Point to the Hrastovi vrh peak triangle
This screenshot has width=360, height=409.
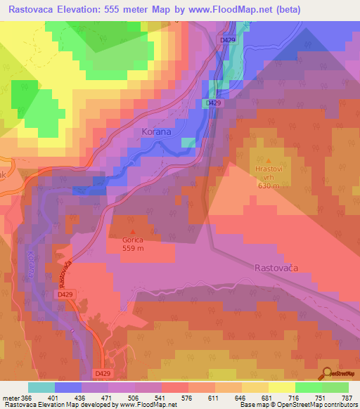(x=266, y=161)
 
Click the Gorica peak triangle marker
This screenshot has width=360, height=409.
(x=134, y=231)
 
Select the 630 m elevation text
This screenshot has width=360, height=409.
(x=268, y=186)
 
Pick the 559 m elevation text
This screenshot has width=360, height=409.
(x=134, y=248)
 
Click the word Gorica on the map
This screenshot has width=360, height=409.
(x=134, y=240)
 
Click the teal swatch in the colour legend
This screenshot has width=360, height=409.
(x=41, y=387)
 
